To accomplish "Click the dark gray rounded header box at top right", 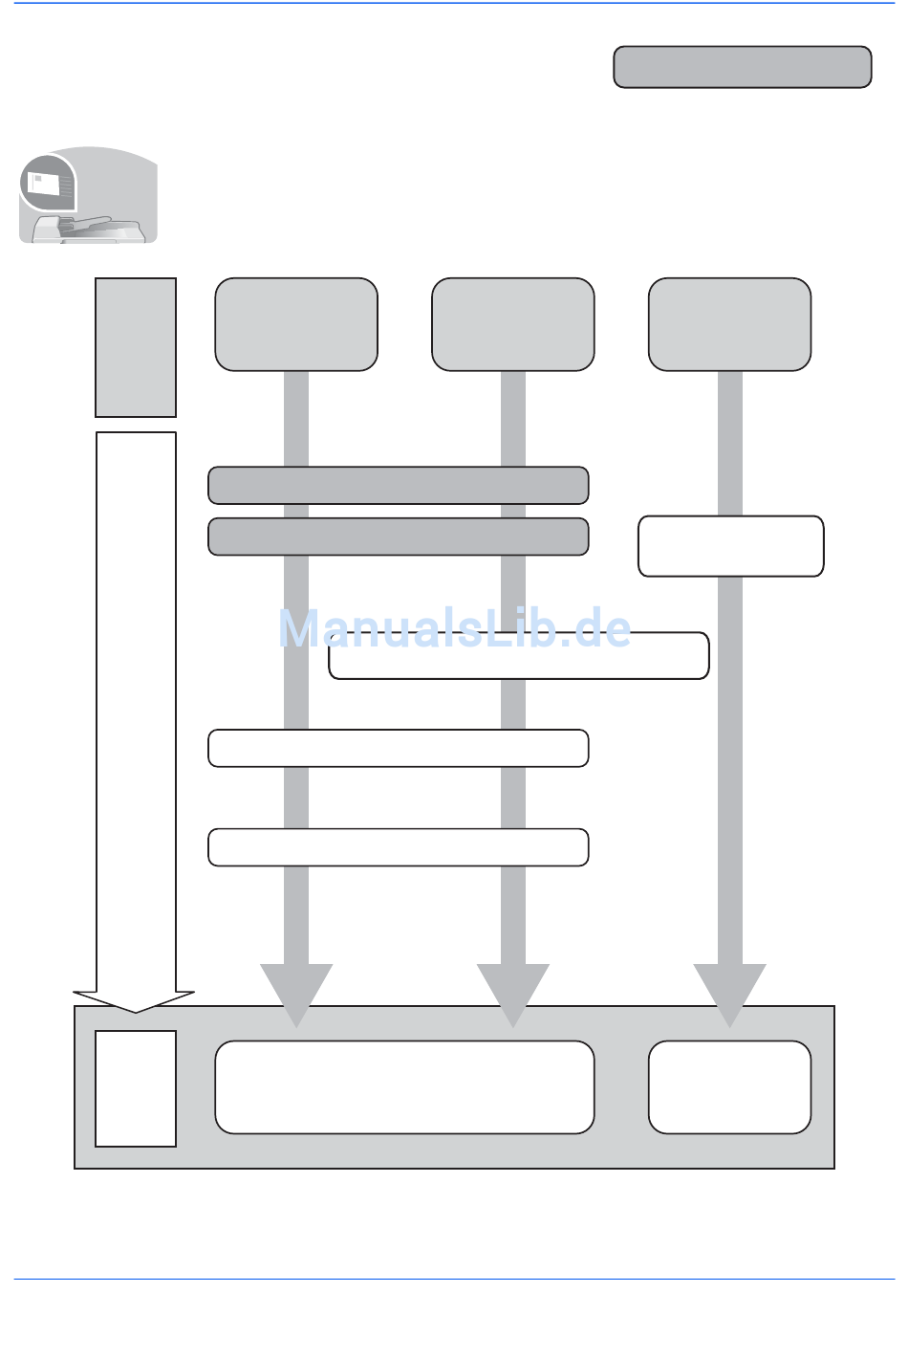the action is pyautogui.click(x=742, y=67).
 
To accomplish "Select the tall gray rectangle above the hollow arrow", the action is pyautogui.click(x=136, y=347).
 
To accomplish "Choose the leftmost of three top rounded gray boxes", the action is pyautogui.click(x=296, y=324).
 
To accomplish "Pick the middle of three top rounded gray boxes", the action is pyautogui.click(x=513, y=324).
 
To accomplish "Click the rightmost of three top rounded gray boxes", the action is pyautogui.click(x=729, y=324).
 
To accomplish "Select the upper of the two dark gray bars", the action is pyautogui.click(x=398, y=485).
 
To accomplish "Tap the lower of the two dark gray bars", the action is pyautogui.click(x=398, y=537).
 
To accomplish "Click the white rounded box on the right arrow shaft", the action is pyautogui.click(x=730, y=546).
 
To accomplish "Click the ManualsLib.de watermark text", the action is pyautogui.click(x=455, y=628).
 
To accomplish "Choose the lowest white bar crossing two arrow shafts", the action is pyautogui.click(x=398, y=847).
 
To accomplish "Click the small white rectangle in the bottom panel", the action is pyautogui.click(x=136, y=1088).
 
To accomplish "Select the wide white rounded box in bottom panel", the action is pyautogui.click(x=404, y=1087).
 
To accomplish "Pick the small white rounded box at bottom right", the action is pyautogui.click(x=729, y=1087).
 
